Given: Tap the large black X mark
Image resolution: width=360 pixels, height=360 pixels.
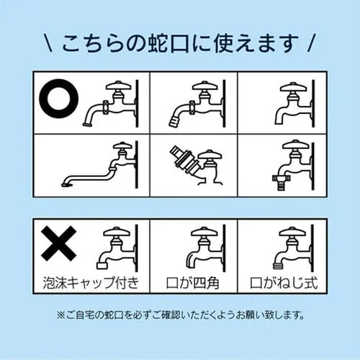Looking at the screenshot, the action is pos(59,243).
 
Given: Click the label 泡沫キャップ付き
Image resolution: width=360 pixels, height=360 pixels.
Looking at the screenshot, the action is pos(91,283).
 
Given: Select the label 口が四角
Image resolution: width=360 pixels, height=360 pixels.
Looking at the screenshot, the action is pos(193,283).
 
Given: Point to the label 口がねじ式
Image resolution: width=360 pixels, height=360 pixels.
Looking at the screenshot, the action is pos(284,283).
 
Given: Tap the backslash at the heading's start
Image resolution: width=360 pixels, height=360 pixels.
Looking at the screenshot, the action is pos(48,43).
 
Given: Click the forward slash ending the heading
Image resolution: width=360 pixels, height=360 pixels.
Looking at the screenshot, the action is pos(311,43).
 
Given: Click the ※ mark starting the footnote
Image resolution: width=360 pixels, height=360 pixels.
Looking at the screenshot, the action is pos(60,315).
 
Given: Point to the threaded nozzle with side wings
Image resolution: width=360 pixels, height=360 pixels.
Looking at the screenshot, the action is pos(282,182).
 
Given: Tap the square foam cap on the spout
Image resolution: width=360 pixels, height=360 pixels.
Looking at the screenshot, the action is pos(102,265).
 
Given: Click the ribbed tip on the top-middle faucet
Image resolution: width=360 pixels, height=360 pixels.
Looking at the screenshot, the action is pos(174,122).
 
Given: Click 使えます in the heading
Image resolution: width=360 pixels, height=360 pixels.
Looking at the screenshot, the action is pos(256,43).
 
